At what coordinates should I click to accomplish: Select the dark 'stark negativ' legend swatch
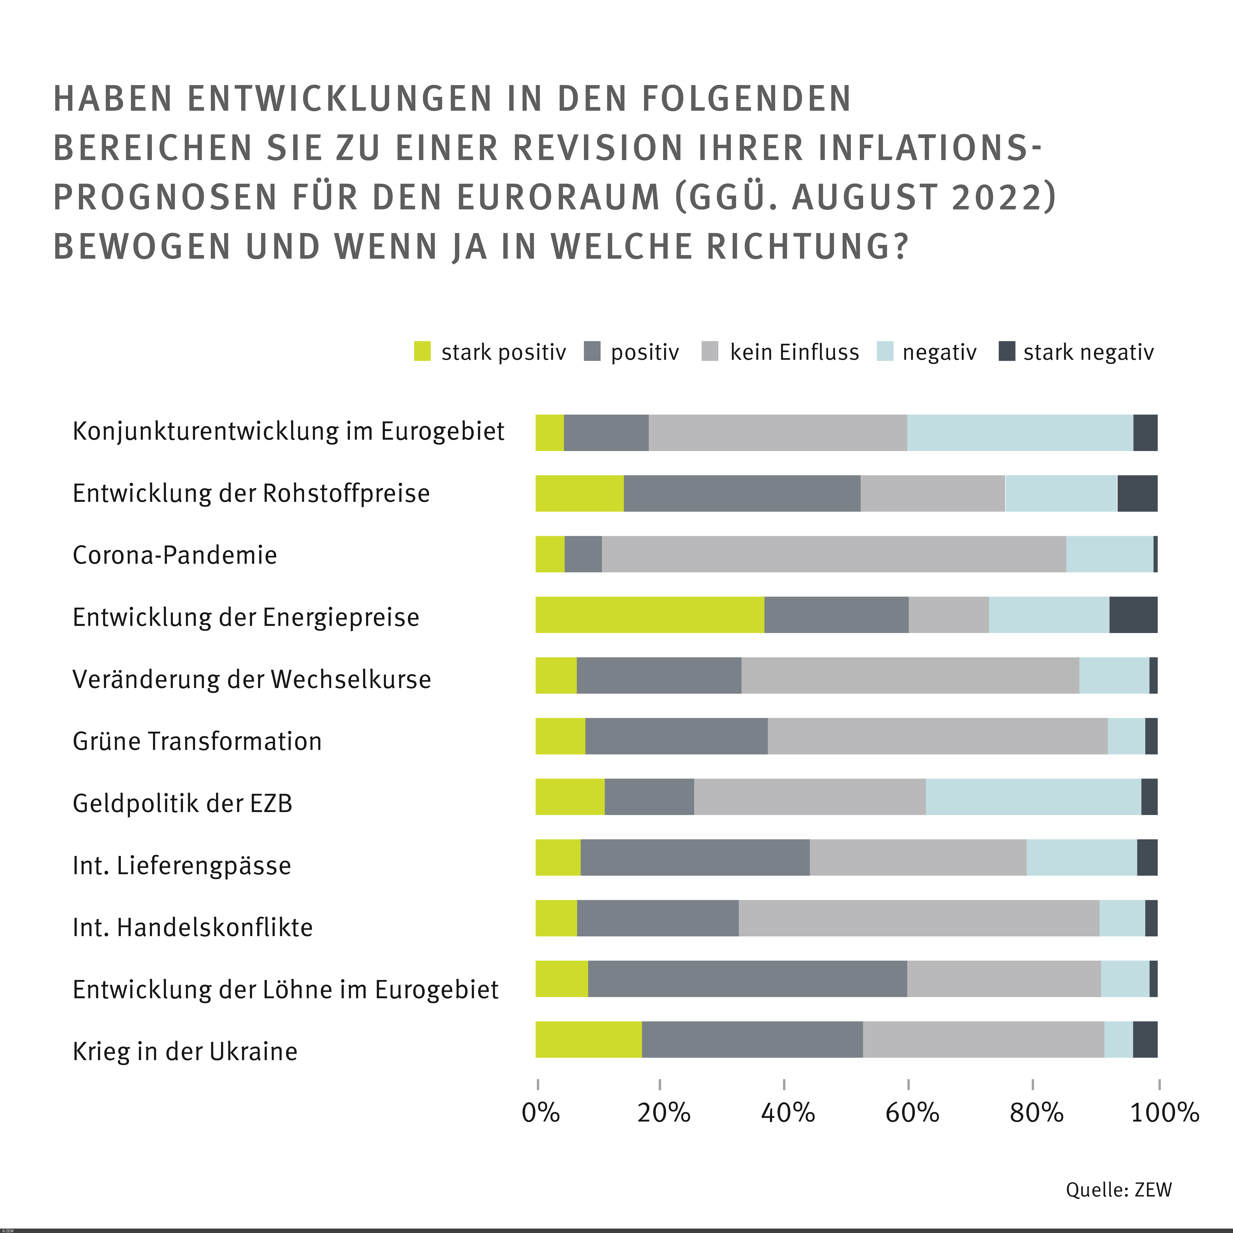[1006, 351]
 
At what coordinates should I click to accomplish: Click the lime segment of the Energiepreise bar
[650, 615]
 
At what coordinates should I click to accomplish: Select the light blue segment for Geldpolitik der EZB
[1033, 797]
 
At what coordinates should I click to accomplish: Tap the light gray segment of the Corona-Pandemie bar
[834, 554]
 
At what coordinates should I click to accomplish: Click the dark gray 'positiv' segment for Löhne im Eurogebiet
[747, 978]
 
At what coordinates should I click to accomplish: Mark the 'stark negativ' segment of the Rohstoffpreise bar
[1137, 493]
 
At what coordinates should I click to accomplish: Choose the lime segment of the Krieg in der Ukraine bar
[588, 1039]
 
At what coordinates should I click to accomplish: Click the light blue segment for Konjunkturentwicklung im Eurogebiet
[1020, 433]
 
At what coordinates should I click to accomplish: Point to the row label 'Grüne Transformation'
[197, 741]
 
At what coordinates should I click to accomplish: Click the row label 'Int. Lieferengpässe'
[182, 865]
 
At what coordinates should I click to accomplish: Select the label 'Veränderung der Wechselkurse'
[252, 679]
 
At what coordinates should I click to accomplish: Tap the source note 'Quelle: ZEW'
[1118, 1189]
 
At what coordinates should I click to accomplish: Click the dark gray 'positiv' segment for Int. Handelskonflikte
[657, 918]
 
